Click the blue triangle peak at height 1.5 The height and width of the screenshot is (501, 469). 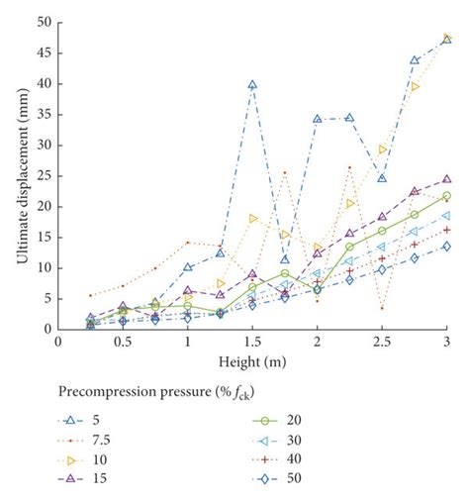point(252,85)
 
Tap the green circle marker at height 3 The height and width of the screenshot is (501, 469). point(446,196)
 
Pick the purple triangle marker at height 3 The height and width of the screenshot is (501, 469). point(446,179)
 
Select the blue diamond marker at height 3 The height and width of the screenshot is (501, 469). point(446,246)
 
